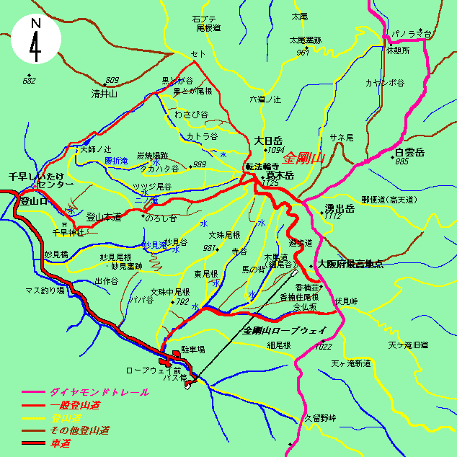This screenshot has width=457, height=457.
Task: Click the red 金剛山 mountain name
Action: [x=306, y=158]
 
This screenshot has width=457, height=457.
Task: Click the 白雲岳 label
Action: [x=410, y=153]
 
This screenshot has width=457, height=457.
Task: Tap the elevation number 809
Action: [x=112, y=80]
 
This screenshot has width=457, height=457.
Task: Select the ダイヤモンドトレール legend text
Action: [x=99, y=392]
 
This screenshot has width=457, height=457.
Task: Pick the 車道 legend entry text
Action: [x=61, y=443]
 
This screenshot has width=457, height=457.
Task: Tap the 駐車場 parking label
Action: [x=193, y=348]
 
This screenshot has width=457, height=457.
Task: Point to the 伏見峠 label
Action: [x=346, y=300]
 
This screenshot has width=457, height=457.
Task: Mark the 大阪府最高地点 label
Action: [x=350, y=265]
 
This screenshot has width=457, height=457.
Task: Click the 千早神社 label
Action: [x=68, y=233]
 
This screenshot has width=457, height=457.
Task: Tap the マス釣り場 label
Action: [x=45, y=290]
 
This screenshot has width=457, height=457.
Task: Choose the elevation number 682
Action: [x=29, y=81]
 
